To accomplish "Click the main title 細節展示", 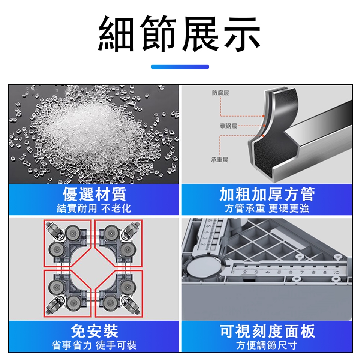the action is click(179, 34).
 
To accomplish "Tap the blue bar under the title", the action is click(180, 67).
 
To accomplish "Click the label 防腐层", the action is click(220, 93).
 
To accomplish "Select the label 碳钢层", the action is click(228, 126).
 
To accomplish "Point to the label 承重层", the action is click(219, 160).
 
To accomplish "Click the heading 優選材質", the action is click(94, 194).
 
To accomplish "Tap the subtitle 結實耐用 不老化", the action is click(94, 208).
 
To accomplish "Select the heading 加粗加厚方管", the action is click(267, 194).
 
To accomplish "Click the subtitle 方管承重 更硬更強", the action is click(267, 208).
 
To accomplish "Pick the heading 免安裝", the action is click(94, 331).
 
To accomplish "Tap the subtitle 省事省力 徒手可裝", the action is click(94, 345).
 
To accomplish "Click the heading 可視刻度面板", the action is click(267, 331).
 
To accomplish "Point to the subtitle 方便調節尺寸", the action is click(267, 345).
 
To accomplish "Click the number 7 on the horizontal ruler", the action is click(302, 273).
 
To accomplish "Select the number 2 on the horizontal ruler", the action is click(245, 273).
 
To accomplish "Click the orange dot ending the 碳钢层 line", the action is click(264, 126).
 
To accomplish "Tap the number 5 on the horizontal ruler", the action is click(279, 273).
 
